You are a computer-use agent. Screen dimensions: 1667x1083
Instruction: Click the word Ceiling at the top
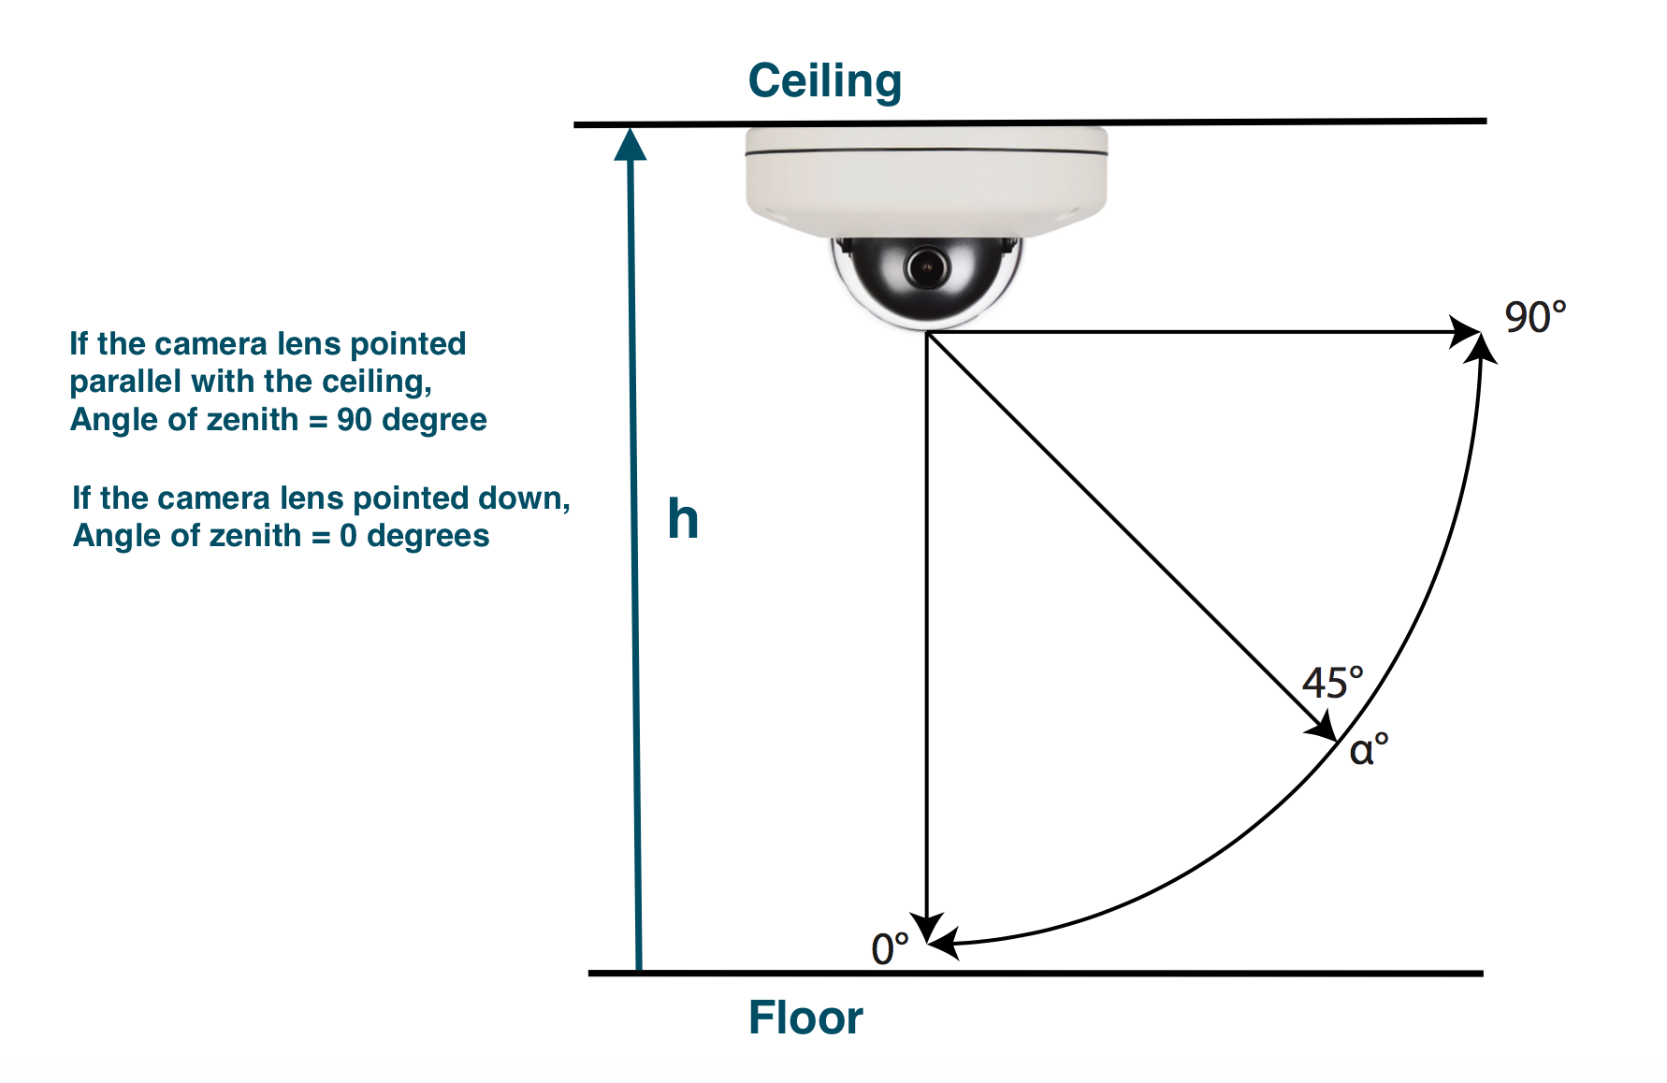pos(824,82)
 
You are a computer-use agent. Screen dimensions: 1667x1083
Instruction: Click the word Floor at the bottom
pos(805,1018)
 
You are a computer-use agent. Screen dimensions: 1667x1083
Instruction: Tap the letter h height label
pos(683,519)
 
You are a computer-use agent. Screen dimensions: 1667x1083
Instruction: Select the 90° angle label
pos(1535,317)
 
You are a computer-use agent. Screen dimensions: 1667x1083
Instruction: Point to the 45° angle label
pos(1333,683)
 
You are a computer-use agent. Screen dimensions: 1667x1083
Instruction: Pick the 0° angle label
pos(890,948)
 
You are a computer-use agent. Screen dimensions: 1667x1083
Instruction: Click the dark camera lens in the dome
pos(926,268)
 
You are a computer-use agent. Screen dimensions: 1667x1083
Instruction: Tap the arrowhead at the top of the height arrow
pos(631,144)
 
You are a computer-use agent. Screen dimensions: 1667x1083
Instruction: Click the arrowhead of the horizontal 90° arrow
pos(1466,332)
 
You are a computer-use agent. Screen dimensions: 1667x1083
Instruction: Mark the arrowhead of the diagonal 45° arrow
pos(1323,727)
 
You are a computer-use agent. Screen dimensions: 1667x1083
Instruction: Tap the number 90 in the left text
pos(355,420)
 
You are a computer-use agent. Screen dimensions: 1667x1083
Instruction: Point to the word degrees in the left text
pos(428,536)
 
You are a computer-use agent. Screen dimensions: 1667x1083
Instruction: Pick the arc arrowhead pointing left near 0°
pos(942,943)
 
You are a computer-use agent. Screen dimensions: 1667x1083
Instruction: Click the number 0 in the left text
pos(348,536)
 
